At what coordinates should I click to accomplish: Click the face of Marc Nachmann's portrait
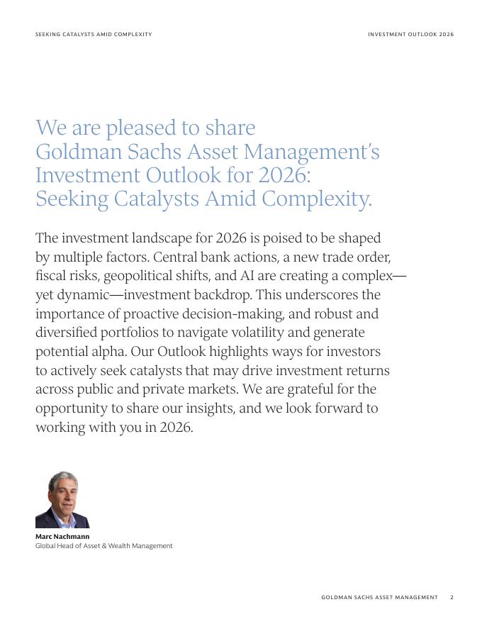63,492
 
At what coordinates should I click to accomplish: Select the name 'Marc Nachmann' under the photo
62,537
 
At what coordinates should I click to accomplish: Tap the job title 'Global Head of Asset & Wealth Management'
104,546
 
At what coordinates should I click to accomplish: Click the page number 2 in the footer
452,598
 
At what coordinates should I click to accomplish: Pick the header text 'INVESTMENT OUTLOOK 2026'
410,34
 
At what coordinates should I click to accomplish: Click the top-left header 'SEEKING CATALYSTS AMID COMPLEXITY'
94,34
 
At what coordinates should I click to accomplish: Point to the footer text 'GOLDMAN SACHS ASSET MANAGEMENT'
379,598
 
